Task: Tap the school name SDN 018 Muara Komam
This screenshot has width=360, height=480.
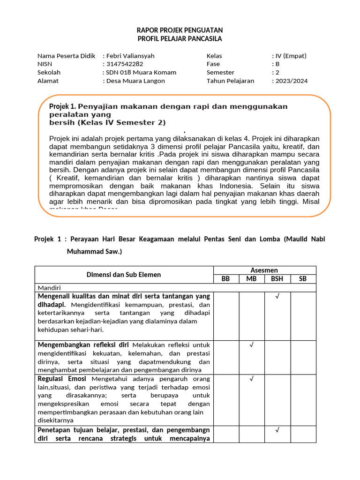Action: click(x=141, y=73)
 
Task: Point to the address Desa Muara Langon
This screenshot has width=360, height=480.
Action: click(x=135, y=81)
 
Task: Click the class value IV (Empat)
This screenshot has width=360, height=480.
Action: click(x=291, y=56)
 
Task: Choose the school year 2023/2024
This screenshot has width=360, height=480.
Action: click(x=292, y=81)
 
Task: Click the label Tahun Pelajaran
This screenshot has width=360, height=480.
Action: click(x=230, y=81)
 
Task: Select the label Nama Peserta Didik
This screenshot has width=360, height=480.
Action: click(x=66, y=56)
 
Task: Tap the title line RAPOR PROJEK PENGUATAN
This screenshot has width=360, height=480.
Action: click(x=180, y=30)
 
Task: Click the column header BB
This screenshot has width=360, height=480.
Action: click(x=226, y=279)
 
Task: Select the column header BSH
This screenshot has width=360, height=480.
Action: click(x=277, y=279)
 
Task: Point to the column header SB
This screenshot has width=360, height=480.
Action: click(x=303, y=279)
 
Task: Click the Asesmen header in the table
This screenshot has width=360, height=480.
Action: click(x=265, y=270)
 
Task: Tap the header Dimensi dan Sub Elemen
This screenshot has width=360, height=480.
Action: click(x=124, y=275)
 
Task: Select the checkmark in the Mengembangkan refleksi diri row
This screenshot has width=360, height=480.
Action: click(x=252, y=345)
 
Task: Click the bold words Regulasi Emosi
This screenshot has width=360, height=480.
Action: click(x=63, y=379)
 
